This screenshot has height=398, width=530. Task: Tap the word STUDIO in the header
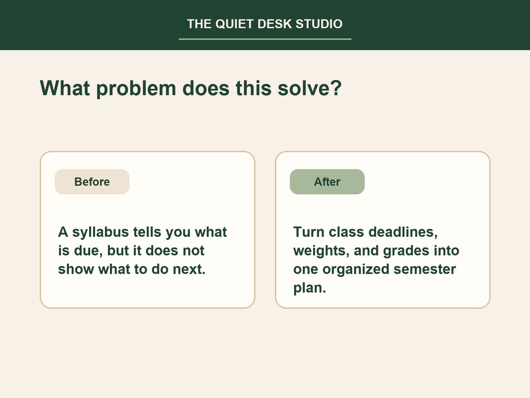click(319, 24)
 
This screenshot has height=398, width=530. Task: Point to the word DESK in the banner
click(275, 24)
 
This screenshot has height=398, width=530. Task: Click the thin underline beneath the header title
click(265, 39)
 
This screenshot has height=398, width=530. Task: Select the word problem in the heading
click(136, 89)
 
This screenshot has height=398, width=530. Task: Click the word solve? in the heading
click(310, 88)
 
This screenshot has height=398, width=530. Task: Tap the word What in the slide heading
click(65, 88)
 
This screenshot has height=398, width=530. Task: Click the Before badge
click(92, 182)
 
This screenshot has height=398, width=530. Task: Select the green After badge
click(327, 182)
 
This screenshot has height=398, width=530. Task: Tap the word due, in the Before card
click(88, 250)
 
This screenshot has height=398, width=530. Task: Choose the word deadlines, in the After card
click(403, 232)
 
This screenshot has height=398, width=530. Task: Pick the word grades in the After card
click(406, 251)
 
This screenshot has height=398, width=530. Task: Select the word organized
click(356, 270)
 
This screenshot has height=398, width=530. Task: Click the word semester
click(425, 270)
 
